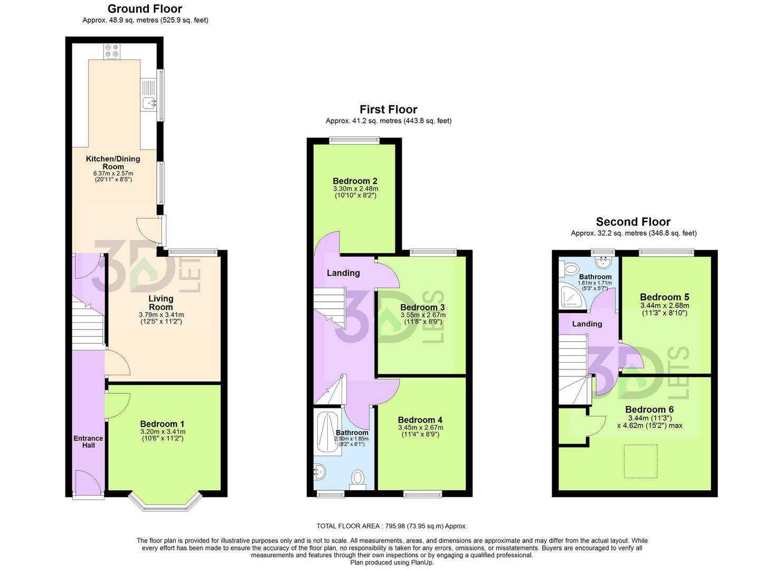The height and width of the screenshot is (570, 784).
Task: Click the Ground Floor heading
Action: tap(145, 9)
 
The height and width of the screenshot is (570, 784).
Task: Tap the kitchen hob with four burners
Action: tap(112, 51)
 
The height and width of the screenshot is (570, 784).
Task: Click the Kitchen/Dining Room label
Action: tap(113, 163)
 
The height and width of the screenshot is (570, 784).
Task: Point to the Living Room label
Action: tap(160, 302)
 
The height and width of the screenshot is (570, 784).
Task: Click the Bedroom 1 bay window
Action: tap(166, 505)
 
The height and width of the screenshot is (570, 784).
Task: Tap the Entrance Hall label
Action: tap(88, 442)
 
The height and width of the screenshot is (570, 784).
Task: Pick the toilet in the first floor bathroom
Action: tap(358, 479)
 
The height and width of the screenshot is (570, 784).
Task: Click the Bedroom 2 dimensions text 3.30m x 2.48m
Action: tap(355, 188)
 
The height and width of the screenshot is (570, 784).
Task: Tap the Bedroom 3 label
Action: tap(422, 307)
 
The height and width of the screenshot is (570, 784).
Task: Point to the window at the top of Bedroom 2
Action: tap(354, 140)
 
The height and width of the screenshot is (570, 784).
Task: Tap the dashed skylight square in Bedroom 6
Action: tap(640, 461)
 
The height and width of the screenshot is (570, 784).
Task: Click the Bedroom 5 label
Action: tap(664, 297)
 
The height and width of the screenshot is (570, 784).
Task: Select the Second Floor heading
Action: tap(633, 222)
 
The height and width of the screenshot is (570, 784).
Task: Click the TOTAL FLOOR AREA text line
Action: tap(392, 526)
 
